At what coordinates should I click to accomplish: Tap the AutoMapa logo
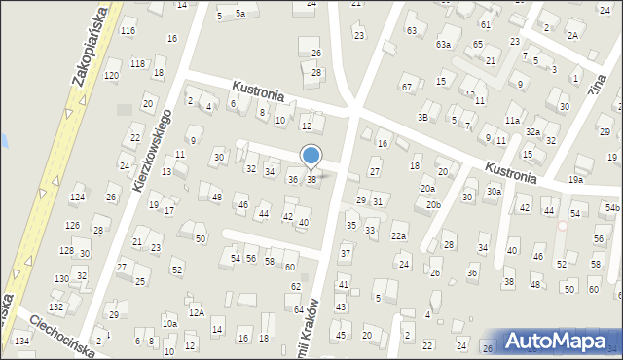[x=562, y=340]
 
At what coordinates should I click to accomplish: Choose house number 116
[x=128, y=31]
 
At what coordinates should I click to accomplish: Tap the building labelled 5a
[x=239, y=15]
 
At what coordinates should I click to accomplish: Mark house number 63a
[x=444, y=44]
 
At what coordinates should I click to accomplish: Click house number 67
[x=406, y=87]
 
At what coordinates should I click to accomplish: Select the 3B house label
[x=422, y=117]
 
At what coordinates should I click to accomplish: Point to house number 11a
[x=512, y=120]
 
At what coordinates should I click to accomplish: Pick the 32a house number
[x=532, y=131]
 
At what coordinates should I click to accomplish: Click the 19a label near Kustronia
[x=576, y=179]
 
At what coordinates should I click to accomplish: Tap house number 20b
[x=433, y=205]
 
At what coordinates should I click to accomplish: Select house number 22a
[x=398, y=236]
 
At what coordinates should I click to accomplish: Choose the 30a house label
[x=494, y=192]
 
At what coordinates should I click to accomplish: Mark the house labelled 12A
[x=197, y=312]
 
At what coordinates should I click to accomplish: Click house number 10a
[x=169, y=323]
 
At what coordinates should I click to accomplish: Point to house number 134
[x=21, y=341]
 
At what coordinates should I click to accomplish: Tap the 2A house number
[x=573, y=35]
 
